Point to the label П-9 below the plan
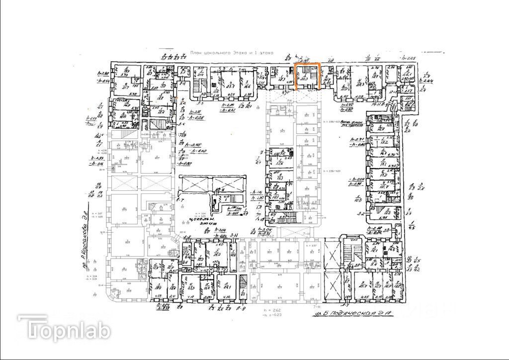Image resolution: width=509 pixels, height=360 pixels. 242,309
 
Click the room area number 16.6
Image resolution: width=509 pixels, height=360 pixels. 247,85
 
